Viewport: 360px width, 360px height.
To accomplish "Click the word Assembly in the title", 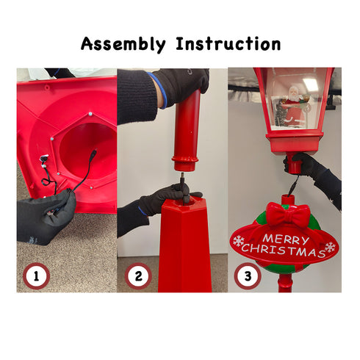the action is [x=123, y=44].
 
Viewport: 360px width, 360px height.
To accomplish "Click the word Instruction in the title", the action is [x=228, y=44].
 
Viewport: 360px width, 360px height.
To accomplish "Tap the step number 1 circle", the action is [x=36, y=276].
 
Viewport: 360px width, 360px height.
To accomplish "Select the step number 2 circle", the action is [x=138, y=276].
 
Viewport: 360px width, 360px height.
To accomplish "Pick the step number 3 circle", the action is [x=248, y=276].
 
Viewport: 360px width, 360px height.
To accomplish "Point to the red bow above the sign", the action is [x=288, y=215].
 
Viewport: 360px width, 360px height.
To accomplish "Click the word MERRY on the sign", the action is [x=286, y=240].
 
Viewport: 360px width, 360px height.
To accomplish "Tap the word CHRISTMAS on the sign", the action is [x=284, y=251].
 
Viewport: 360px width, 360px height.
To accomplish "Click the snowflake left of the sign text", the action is [x=238, y=241].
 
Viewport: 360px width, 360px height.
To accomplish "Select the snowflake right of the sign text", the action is [x=330, y=247].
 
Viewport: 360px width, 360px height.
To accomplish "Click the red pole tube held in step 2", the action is [x=187, y=131].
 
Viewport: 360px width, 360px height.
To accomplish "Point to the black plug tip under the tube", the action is [x=183, y=176].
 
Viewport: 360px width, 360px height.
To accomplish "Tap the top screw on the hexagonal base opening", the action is [x=90, y=114].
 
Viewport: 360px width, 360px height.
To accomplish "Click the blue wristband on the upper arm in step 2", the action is [x=159, y=90].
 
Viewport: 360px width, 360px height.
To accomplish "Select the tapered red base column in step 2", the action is [x=185, y=245].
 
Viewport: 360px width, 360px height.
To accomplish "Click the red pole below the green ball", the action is [x=285, y=284].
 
